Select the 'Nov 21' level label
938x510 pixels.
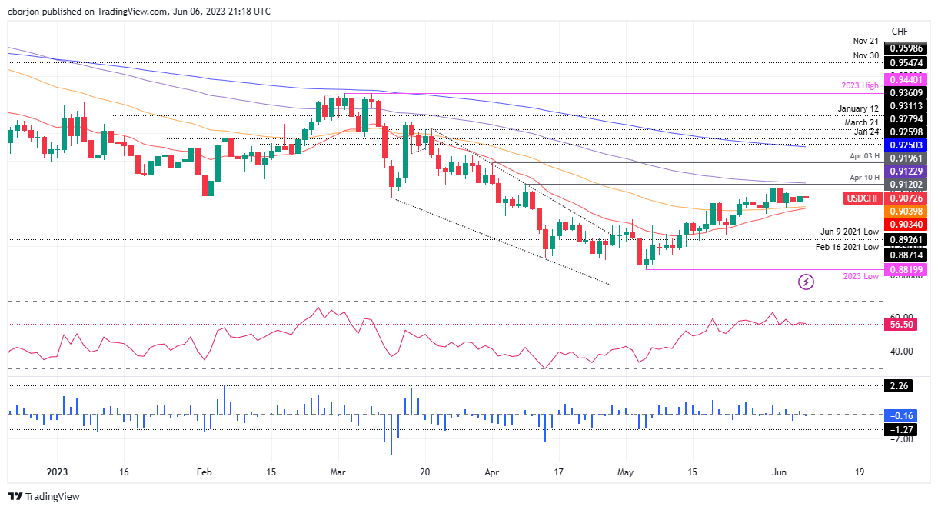866,41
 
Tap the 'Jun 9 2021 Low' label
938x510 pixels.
850,232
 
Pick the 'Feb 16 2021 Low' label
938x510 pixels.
847,247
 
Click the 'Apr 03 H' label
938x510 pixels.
864,155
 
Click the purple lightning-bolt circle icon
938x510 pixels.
806,282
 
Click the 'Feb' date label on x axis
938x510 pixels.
203,472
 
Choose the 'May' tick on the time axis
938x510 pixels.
626,472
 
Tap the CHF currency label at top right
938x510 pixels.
899,31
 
